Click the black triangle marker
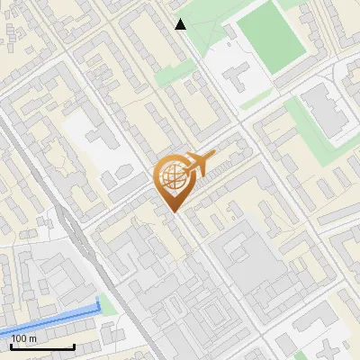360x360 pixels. pos(181,24)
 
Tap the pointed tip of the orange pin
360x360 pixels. pos(174,211)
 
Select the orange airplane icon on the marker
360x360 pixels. pos(199,164)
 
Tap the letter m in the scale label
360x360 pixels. pos(34,338)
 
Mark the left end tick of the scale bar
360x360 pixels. pos(11,346)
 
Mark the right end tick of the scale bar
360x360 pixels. pos(74,346)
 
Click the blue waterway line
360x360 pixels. pos(54,315)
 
